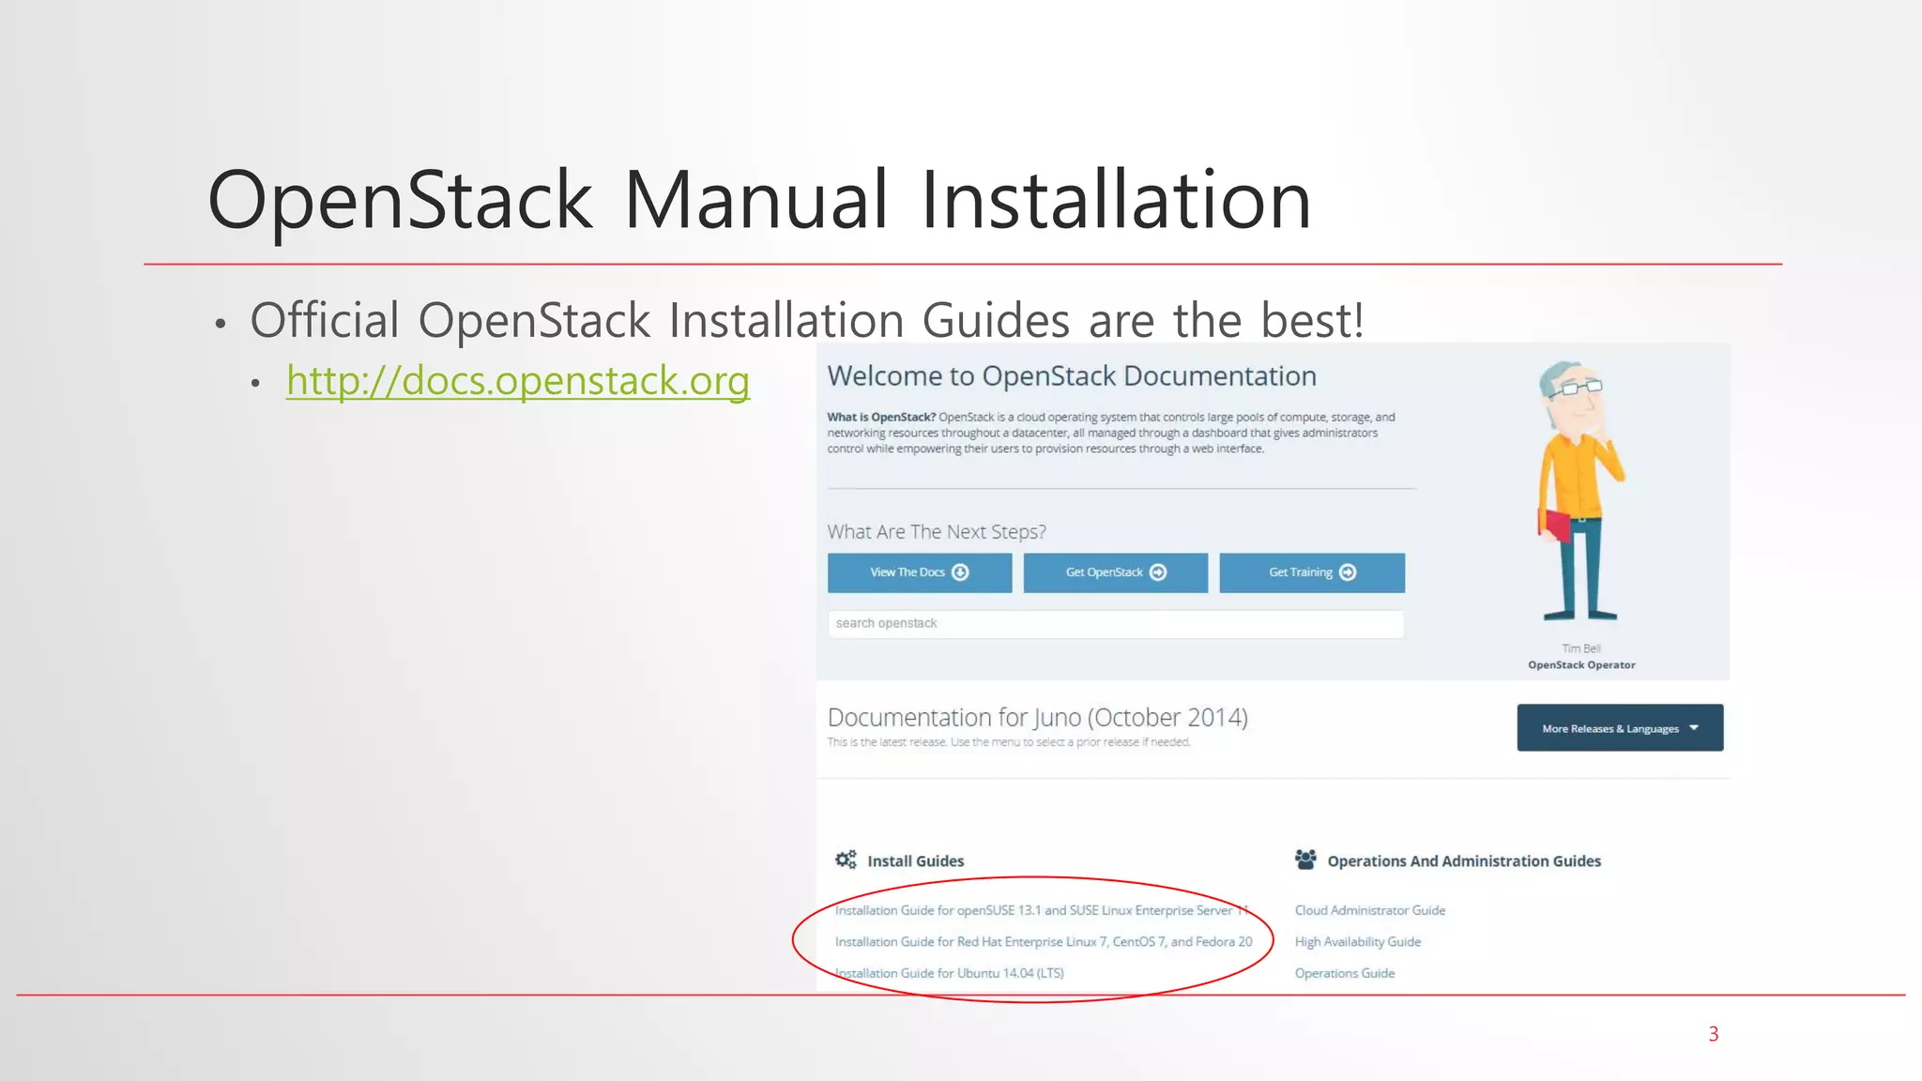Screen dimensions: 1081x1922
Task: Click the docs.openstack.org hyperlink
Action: pyautogui.click(x=518, y=381)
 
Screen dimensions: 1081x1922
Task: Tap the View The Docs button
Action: pyautogui.click(x=919, y=572)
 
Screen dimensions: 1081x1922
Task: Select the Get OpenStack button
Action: pyautogui.click(x=1115, y=572)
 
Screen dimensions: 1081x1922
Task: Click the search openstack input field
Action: pyautogui.click(x=1115, y=624)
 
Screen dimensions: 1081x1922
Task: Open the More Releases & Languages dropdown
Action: pyautogui.click(x=1620, y=728)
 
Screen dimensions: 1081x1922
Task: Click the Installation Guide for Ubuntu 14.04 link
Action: pyautogui.click(x=950, y=973)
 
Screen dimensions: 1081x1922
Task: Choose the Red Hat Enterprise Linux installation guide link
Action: pyautogui.click(x=1044, y=941)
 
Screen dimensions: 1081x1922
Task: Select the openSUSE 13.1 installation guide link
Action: pyautogui.click(x=1040, y=910)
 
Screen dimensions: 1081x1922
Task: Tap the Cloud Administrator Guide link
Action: pyautogui.click(x=1369, y=910)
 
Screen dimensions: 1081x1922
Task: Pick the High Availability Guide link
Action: pyautogui.click(x=1357, y=941)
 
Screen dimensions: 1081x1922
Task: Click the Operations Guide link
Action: pyautogui.click(x=1344, y=973)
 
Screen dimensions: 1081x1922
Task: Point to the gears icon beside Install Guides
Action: pyautogui.click(x=846, y=860)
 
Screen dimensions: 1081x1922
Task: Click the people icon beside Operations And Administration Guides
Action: pyautogui.click(x=1305, y=860)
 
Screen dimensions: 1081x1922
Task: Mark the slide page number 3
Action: pyautogui.click(x=1713, y=1034)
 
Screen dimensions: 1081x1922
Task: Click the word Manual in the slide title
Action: pyautogui.click(x=755, y=200)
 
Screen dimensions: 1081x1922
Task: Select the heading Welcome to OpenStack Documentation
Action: pyautogui.click(x=1072, y=376)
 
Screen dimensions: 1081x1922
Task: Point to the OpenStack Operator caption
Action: pyautogui.click(x=1581, y=665)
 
